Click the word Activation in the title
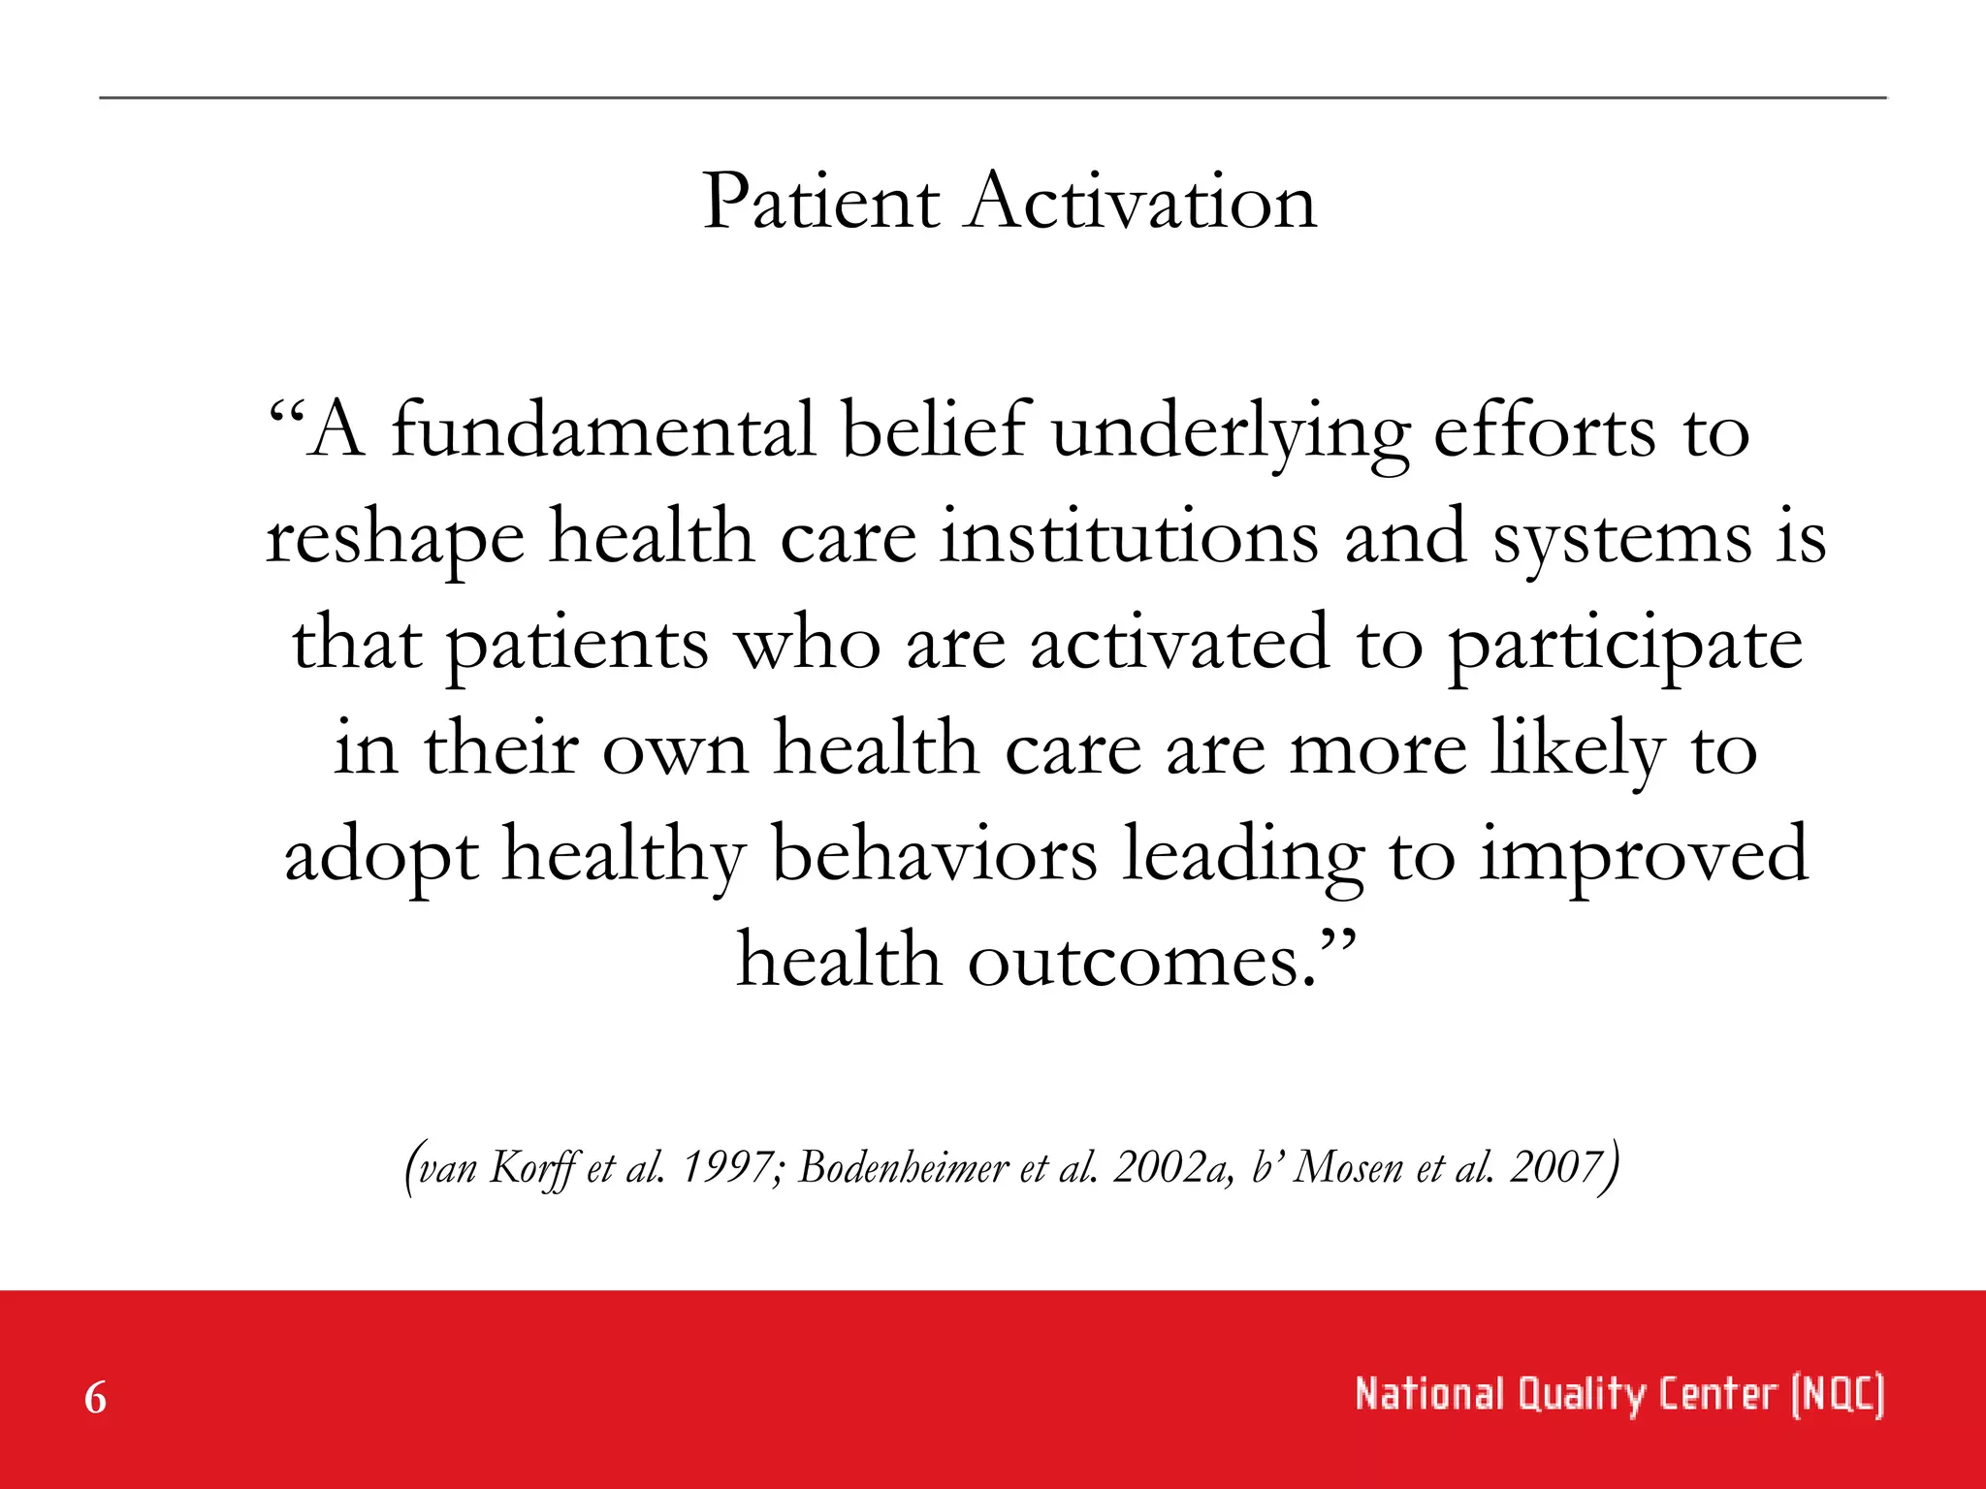click(x=1141, y=203)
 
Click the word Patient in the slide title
click(x=820, y=203)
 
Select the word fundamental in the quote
click(x=603, y=431)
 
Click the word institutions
click(x=1129, y=538)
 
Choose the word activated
click(x=1178, y=644)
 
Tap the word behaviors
click(x=934, y=855)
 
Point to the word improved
click(x=1643, y=857)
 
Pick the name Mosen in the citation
click(x=1349, y=1168)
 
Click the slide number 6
click(x=95, y=1398)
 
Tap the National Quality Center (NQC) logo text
click(x=1618, y=1395)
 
